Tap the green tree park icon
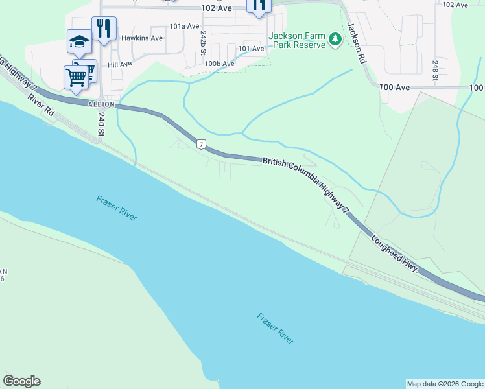[335, 40]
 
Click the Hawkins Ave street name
[142, 38]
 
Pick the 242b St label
[204, 42]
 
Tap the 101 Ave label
[251, 49]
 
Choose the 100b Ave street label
[219, 64]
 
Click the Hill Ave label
[120, 65]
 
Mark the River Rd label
[40, 106]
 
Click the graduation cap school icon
[79, 42]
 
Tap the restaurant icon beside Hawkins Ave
[104, 28]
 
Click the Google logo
[21, 381]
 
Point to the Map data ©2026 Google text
[445, 384]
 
